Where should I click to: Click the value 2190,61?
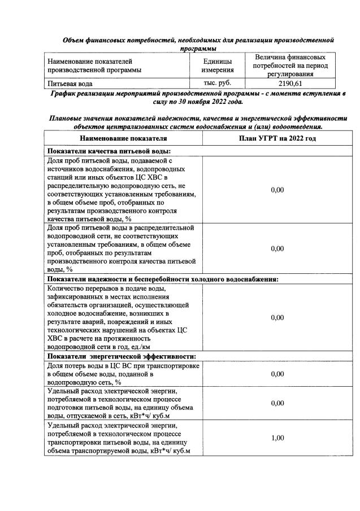click(x=289, y=83)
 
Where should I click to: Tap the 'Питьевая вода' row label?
click(x=70, y=84)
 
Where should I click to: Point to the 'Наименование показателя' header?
click(x=123, y=138)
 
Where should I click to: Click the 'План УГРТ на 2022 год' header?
click(x=277, y=138)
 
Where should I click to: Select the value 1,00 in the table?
click(x=277, y=438)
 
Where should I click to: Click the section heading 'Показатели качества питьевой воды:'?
click(x=109, y=150)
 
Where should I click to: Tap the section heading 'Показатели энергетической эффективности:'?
click(x=122, y=356)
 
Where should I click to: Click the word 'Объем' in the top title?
click(x=74, y=40)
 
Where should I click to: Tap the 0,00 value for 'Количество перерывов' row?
click(x=277, y=317)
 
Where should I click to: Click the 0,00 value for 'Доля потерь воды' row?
click(x=277, y=374)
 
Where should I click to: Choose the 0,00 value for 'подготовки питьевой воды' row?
click(x=277, y=403)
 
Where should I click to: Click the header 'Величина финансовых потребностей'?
click(x=289, y=62)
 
